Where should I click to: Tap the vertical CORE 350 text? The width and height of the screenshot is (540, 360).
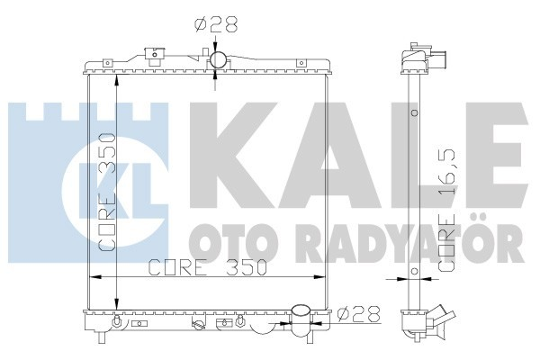tap(106, 190)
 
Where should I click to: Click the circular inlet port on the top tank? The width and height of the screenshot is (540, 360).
tap(217, 61)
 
